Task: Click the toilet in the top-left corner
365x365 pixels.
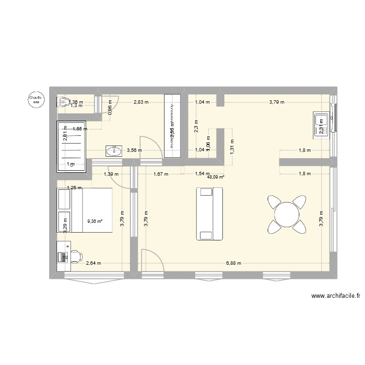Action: tap(63, 101)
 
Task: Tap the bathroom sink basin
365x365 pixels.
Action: tap(114, 150)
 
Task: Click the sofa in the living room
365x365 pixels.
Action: tap(209, 213)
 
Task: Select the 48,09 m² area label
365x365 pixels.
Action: tap(215, 178)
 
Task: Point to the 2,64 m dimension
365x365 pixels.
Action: tap(93, 263)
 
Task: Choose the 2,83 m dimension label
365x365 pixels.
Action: tap(142, 102)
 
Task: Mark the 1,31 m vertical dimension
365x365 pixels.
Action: tap(232, 145)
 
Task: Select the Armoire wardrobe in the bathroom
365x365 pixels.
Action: tap(172, 126)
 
